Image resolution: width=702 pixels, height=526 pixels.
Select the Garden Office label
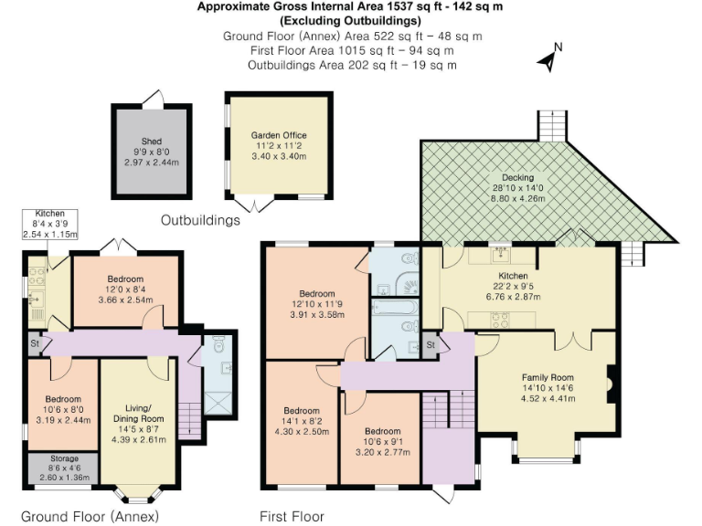(279, 135)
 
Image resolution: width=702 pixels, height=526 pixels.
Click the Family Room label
(547, 377)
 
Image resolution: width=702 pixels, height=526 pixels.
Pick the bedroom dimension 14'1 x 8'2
(301, 421)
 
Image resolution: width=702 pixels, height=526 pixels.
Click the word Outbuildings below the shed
(200, 220)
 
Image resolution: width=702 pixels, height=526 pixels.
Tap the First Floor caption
(292, 516)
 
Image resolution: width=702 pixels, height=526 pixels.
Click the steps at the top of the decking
(551, 125)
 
